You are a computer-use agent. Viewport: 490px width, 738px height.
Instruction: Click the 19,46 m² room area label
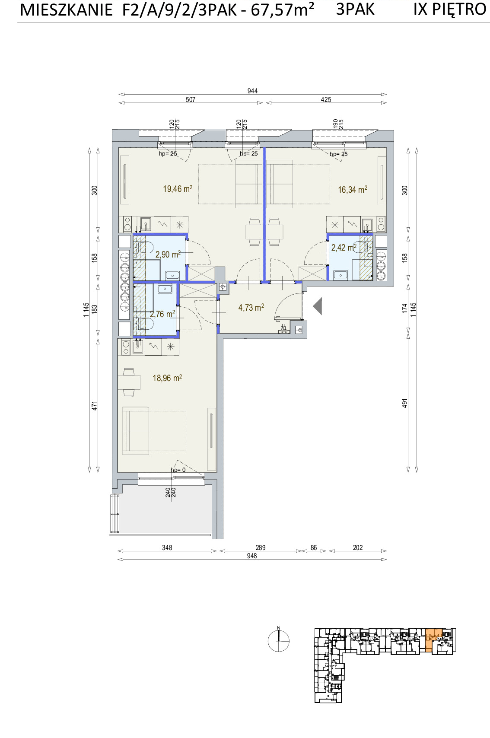(178, 189)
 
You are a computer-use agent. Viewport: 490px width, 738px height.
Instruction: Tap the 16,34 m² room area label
(353, 189)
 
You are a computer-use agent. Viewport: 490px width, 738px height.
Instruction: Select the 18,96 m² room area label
(167, 378)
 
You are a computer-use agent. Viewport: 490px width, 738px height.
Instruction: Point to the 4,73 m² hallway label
(251, 307)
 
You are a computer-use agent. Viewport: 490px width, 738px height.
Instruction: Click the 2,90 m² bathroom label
(168, 254)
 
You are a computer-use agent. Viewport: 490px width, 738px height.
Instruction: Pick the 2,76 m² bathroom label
(162, 314)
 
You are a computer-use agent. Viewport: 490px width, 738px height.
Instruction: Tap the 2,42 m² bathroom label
(344, 248)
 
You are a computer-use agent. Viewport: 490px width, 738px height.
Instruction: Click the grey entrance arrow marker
(317, 306)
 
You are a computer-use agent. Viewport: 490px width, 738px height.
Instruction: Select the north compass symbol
(278, 640)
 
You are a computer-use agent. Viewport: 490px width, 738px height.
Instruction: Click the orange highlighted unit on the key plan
(434, 639)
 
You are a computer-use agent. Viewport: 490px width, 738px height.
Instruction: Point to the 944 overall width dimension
(252, 91)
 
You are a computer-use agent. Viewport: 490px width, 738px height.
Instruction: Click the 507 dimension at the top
(191, 99)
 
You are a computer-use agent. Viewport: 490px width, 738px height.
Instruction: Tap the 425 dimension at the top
(326, 99)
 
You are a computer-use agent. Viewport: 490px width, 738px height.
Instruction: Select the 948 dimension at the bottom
(252, 556)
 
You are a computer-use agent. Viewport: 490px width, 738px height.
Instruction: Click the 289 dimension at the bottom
(260, 547)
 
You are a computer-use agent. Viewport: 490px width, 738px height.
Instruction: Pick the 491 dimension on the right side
(404, 403)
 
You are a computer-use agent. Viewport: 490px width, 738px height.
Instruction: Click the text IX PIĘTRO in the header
(450, 9)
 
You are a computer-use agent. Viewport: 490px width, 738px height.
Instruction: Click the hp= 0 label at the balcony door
(178, 470)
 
